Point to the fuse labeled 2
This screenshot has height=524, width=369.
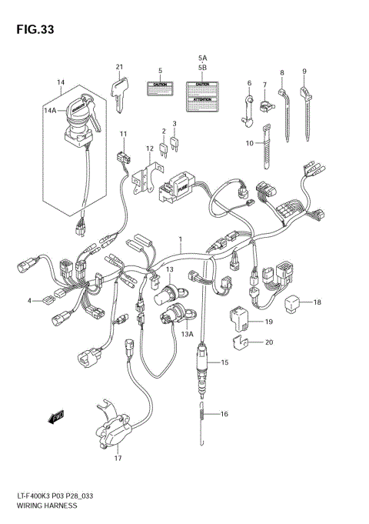click(x=163, y=143)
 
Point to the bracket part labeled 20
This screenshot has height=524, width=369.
click(x=241, y=339)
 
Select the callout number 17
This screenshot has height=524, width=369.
click(x=118, y=459)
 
